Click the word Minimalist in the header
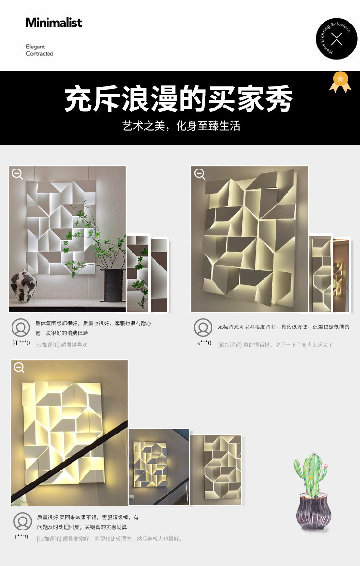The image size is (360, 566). pyautogui.click(x=53, y=23)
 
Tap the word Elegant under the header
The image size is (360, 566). pyautogui.click(x=36, y=47)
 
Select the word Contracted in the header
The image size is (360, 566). pyautogui.click(x=40, y=53)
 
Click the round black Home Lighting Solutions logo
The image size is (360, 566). pyautogui.click(x=336, y=38)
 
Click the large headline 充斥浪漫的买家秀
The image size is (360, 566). pyautogui.click(x=179, y=98)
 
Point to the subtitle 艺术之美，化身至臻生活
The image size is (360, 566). pyautogui.click(x=181, y=126)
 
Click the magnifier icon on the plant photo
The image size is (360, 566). pyautogui.click(x=17, y=174)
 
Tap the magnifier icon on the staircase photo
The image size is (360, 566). pyautogui.click(x=19, y=368)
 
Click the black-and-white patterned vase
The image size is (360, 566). pyautogui.click(x=24, y=286)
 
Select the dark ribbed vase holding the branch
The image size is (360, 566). pyautogui.click(x=113, y=285)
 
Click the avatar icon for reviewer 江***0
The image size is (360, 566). pyautogui.click(x=21, y=327)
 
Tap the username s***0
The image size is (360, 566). pyautogui.click(x=204, y=343)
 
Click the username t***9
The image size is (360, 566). pyautogui.click(x=21, y=537)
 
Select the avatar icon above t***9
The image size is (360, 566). pyautogui.click(x=23, y=521)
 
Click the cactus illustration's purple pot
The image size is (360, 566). pyautogui.click(x=313, y=512)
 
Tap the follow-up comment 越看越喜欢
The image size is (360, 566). pyautogui.click(x=74, y=345)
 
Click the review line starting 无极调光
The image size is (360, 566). pyautogui.click(x=284, y=326)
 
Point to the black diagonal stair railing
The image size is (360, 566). pyautogui.click(x=69, y=461)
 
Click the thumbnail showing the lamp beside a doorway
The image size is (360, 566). pyautogui.click(x=341, y=275)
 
